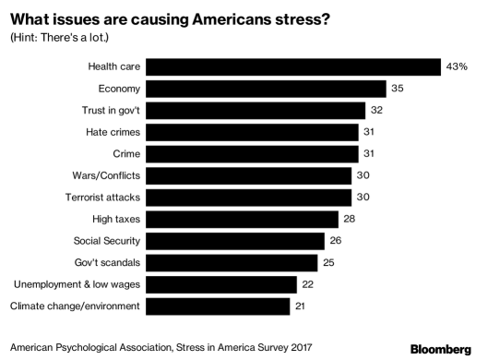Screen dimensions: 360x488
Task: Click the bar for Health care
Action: (x=292, y=66)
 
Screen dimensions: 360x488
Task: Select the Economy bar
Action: (x=266, y=88)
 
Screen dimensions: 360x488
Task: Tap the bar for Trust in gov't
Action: (x=254, y=110)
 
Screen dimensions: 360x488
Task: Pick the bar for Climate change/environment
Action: (x=218, y=306)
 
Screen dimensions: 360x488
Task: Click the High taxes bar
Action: (x=242, y=219)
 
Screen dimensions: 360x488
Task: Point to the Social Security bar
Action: (x=235, y=240)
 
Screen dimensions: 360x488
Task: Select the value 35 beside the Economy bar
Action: (x=398, y=88)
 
